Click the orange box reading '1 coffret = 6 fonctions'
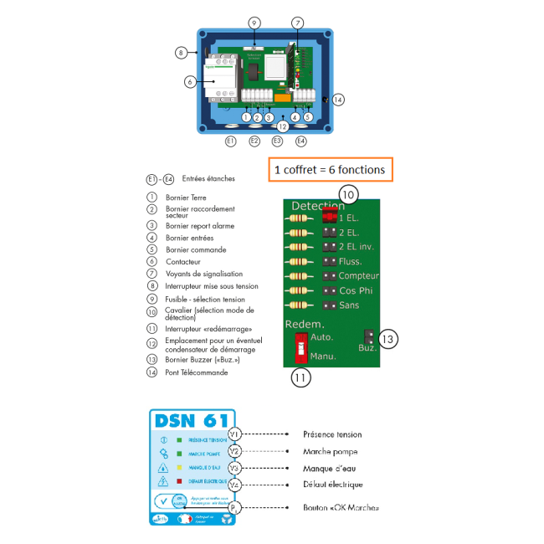330,169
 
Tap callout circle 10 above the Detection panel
348,195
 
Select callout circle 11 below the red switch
300,377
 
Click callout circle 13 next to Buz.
387,339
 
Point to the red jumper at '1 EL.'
330,217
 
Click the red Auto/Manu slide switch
300,346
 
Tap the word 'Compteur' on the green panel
358,276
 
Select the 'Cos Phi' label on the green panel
355,290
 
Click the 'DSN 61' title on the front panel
192,419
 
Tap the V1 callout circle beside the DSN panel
235,434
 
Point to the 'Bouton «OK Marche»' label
341,507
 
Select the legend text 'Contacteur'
182,262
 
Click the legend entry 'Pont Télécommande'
197,372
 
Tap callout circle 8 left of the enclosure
181,53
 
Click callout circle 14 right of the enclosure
338,100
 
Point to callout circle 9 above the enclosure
254,23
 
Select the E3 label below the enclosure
277,141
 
